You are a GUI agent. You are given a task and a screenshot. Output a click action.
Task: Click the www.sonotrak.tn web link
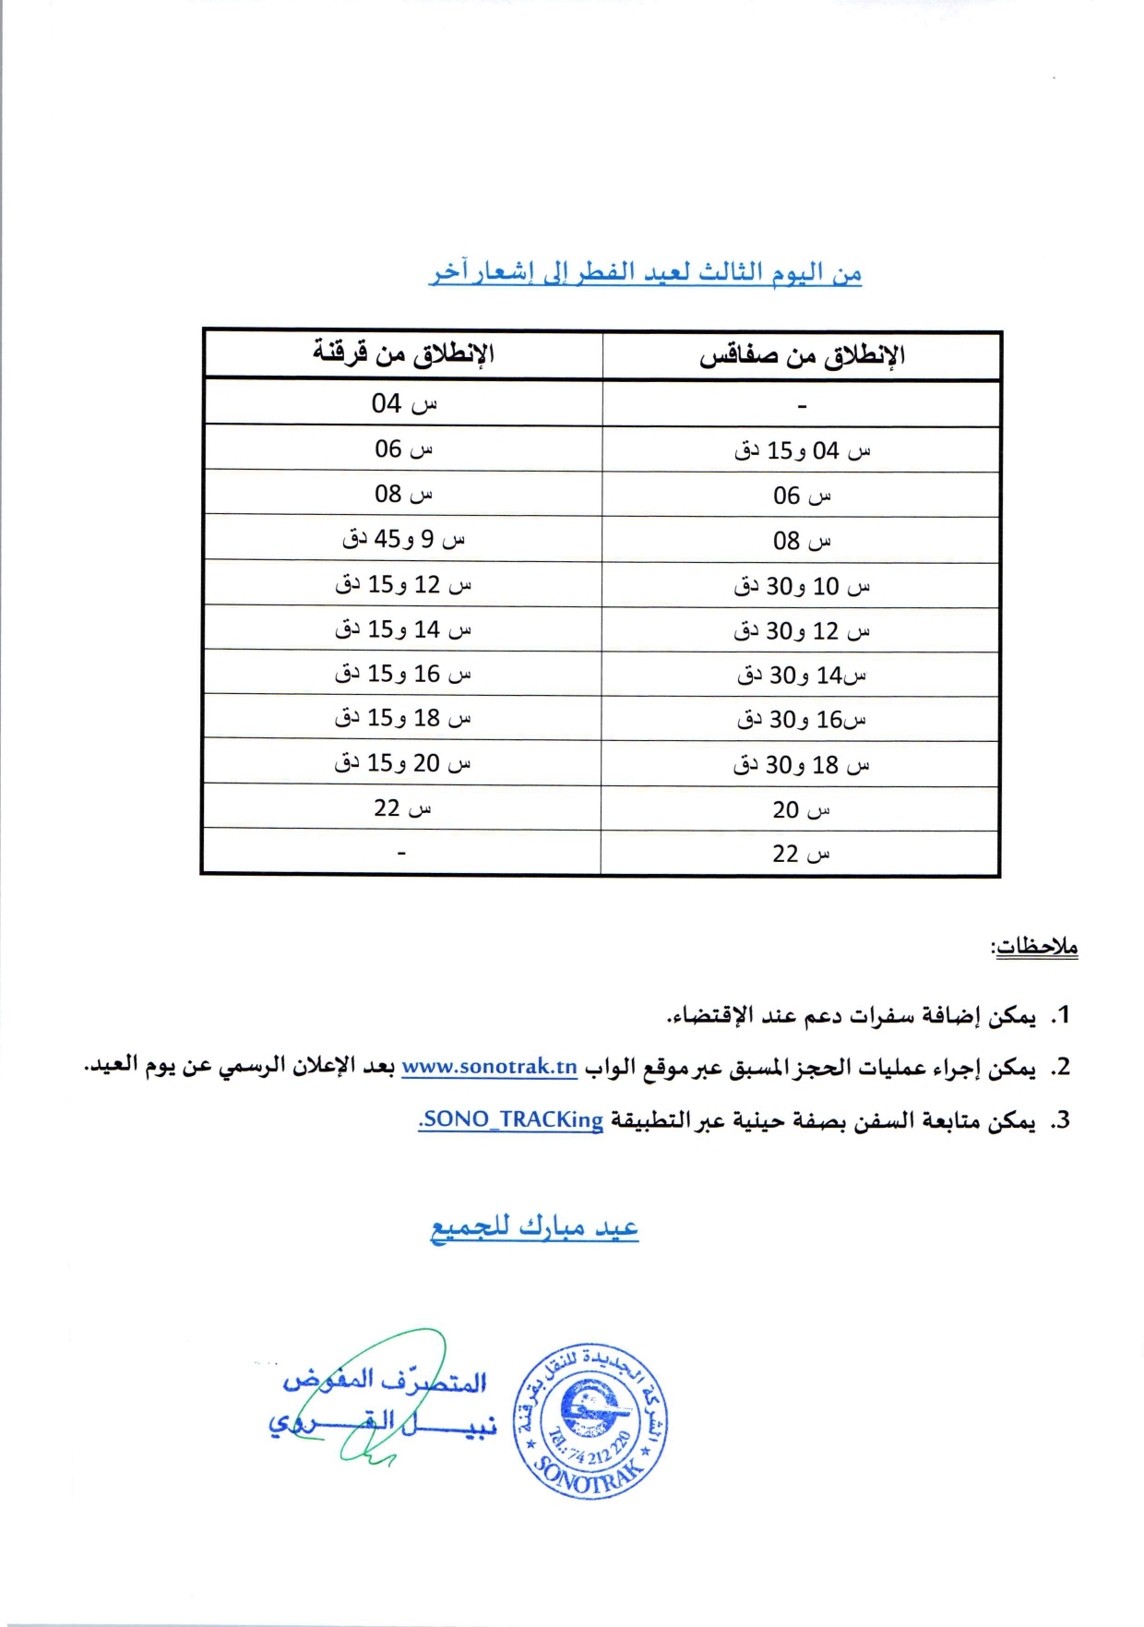489,1068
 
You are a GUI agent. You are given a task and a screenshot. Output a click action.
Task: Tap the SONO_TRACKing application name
511,1120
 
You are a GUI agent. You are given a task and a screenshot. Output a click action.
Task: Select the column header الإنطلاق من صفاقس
801,356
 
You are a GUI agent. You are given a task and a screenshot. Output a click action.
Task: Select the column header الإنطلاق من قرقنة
402,353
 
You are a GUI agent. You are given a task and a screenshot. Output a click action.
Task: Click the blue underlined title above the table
646,273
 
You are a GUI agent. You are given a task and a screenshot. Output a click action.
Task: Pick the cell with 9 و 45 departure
403,539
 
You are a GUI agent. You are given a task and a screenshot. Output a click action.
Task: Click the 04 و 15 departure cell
802,450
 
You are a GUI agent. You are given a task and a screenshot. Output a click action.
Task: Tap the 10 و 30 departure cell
802,586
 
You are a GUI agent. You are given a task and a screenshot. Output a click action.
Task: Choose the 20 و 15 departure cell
403,763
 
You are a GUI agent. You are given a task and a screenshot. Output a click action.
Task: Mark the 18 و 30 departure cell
802,765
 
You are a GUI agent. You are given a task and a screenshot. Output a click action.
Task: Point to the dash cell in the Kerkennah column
401,853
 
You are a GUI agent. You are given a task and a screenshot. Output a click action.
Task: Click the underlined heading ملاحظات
1034,947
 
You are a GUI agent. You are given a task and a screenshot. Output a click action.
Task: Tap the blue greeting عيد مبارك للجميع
534,1227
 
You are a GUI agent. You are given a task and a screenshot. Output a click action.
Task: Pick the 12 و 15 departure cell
403,584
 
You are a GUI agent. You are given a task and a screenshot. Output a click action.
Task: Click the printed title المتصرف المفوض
385,1381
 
